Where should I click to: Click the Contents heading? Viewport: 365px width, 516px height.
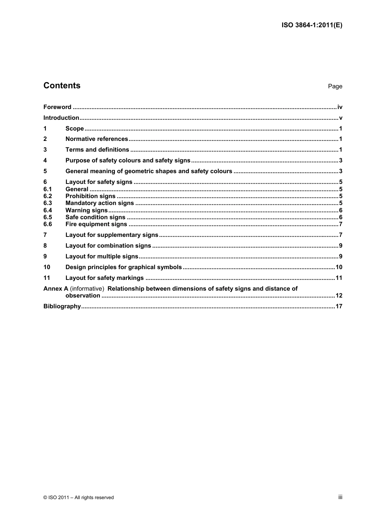[x=62, y=86]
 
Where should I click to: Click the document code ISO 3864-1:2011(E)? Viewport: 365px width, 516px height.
[x=312, y=25]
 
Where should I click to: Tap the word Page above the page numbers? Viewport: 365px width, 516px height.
[x=335, y=86]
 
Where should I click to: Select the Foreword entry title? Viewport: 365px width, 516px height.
[x=57, y=107]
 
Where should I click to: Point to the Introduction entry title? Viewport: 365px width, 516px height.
[x=61, y=118]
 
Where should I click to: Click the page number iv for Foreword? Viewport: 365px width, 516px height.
[x=340, y=107]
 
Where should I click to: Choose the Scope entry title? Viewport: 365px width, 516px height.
[x=75, y=129]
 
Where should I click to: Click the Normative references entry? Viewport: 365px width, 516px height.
[x=96, y=139]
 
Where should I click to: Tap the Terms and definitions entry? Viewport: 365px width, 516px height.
[x=97, y=150]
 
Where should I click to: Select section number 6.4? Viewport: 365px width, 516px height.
[x=48, y=210]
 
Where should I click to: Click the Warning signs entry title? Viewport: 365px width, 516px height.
[x=86, y=210]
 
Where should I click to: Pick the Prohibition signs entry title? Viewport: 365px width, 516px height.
[x=90, y=196]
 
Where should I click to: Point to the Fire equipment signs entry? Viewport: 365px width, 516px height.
[x=96, y=224]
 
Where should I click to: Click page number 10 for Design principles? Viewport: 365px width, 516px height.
[x=339, y=267]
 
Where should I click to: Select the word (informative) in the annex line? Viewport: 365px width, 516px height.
[x=87, y=289]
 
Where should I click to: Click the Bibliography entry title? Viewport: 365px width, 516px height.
[x=62, y=306]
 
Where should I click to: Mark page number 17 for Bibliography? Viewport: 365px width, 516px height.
[x=339, y=306]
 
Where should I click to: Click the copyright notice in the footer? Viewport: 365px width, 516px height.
[x=78, y=498]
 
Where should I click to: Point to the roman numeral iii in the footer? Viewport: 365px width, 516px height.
[x=340, y=497]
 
